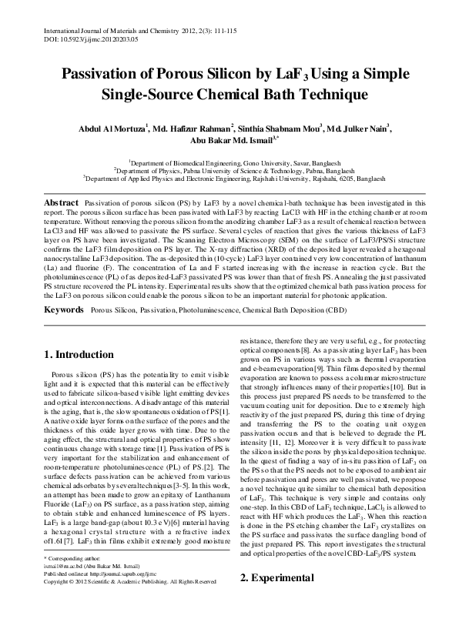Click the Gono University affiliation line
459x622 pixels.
pos(229,164)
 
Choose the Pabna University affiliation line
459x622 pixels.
pos(229,172)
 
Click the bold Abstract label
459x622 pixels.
pos(60,200)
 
